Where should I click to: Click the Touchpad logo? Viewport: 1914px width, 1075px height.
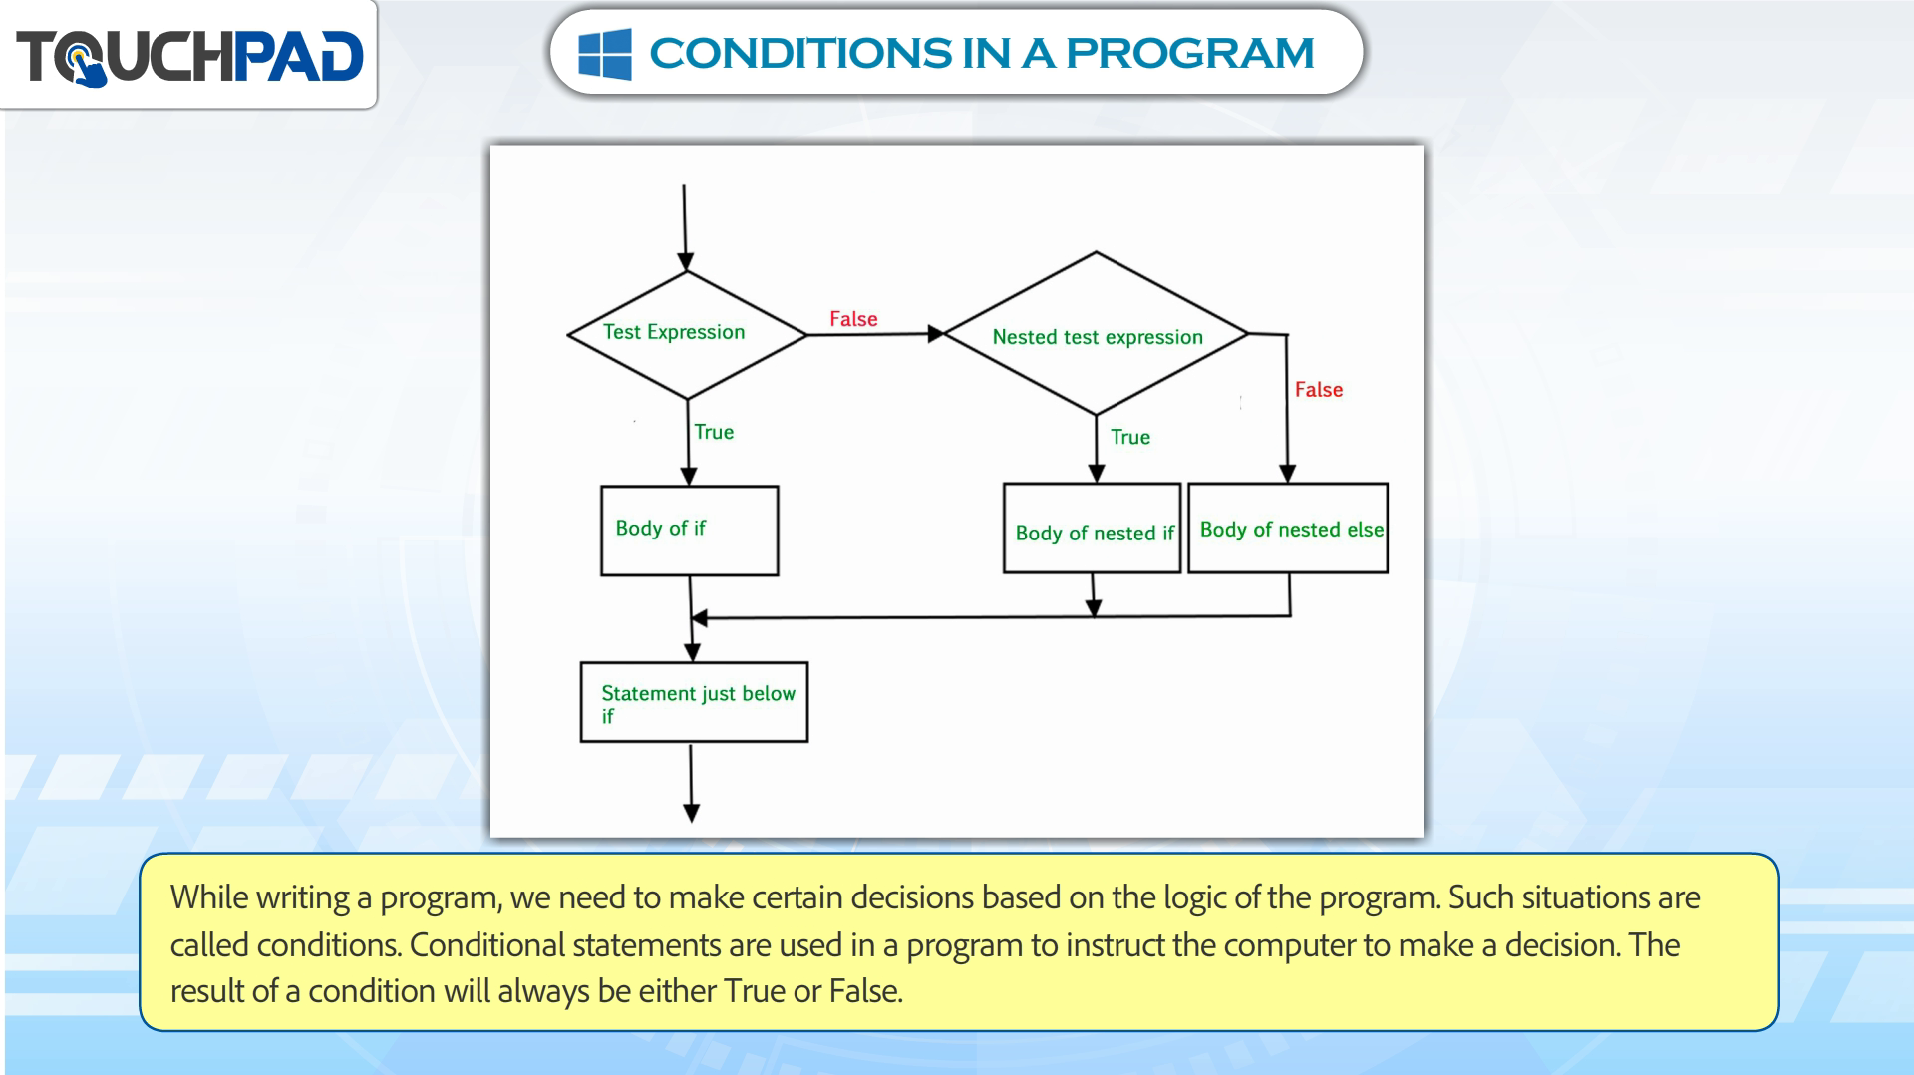189,56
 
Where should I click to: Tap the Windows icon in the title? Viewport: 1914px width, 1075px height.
605,53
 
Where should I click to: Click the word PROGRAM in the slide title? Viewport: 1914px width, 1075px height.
1190,53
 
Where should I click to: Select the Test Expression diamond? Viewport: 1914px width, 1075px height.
687,335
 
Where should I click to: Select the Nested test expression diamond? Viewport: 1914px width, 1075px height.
1096,333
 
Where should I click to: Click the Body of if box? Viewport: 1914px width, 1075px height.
689,531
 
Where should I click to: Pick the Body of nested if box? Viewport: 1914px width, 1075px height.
1092,529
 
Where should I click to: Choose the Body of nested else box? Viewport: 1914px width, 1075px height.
1288,529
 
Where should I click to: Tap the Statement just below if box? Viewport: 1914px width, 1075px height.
694,702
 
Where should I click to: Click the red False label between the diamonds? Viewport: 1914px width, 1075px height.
853,319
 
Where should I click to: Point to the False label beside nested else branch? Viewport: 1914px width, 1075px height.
1318,390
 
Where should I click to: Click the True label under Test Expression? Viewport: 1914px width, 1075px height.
714,432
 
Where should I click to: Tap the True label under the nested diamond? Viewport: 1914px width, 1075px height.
1130,437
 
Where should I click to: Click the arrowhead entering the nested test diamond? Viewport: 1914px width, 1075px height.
936,334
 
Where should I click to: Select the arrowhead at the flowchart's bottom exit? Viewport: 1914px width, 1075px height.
691,813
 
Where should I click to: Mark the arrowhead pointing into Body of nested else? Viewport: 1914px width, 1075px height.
1287,474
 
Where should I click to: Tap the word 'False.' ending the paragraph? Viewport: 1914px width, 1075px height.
865,991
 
